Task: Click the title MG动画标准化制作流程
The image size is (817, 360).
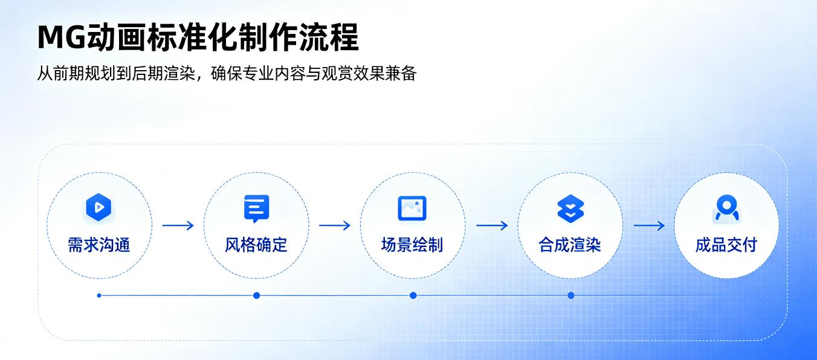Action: [x=198, y=37]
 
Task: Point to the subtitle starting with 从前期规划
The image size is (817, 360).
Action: [x=227, y=73]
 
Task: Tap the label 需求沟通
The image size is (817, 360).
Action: [x=99, y=245]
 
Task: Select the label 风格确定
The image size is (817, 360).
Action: [x=256, y=245]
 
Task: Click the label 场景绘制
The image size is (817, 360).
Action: [x=412, y=245]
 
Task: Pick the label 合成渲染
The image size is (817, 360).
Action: [x=570, y=245]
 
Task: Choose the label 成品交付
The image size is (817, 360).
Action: [x=726, y=245]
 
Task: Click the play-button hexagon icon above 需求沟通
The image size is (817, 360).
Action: [x=98, y=207]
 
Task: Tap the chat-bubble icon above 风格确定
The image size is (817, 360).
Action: [x=256, y=208]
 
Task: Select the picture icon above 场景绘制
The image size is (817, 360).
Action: [x=412, y=208]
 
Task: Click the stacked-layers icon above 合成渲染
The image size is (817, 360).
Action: [x=570, y=208]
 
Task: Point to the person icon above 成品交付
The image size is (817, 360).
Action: [x=727, y=208]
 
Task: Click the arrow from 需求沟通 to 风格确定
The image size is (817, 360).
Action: [x=178, y=225]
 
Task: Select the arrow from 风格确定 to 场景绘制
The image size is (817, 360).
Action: [x=335, y=225]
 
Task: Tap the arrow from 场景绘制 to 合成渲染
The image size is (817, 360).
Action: [x=492, y=225]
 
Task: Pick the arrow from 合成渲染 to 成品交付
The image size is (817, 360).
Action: [x=649, y=225]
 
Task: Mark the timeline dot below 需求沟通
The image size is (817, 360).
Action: [x=99, y=295]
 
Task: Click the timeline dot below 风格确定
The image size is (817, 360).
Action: [x=256, y=295]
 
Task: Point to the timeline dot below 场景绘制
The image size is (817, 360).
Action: [x=413, y=295]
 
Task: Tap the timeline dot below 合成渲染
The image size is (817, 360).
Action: [x=571, y=295]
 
